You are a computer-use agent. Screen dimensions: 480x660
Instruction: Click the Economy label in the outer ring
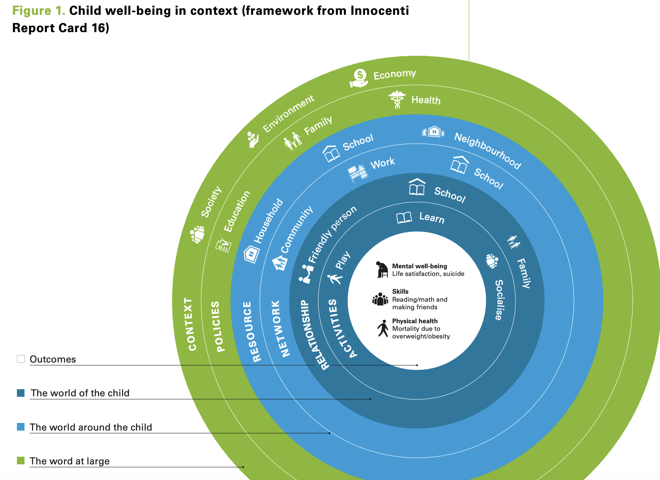(x=395, y=75)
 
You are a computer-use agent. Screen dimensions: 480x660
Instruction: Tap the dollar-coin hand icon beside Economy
(x=359, y=79)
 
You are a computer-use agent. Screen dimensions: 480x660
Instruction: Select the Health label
(x=426, y=100)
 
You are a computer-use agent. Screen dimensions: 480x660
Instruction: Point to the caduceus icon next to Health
(x=397, y=100)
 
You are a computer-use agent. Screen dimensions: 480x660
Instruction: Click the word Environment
(x=289, y=114)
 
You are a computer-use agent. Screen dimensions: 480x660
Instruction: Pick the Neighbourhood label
(x=487, y=150)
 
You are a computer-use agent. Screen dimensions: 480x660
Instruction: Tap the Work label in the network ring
(x=382, y=163)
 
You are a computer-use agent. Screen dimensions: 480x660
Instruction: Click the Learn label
(x=431, y=218)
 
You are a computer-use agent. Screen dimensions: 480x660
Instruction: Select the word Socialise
(x=499, y=300)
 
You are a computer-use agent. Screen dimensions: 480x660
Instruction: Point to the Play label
(x=343, y=260)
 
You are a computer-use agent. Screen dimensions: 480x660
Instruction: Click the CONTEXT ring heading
(x=191, y=324)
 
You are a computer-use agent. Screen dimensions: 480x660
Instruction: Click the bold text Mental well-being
(x=419, y=266)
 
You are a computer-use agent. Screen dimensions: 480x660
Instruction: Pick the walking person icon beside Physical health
(x=383, y=328)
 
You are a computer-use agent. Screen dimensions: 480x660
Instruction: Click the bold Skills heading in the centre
(x=400, y=292)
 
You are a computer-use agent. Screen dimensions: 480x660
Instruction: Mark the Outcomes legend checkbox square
(x=21, y=359)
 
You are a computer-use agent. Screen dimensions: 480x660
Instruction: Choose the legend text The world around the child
(x=91, y=427)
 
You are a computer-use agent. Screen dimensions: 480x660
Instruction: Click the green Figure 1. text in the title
(x=38, y=11)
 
